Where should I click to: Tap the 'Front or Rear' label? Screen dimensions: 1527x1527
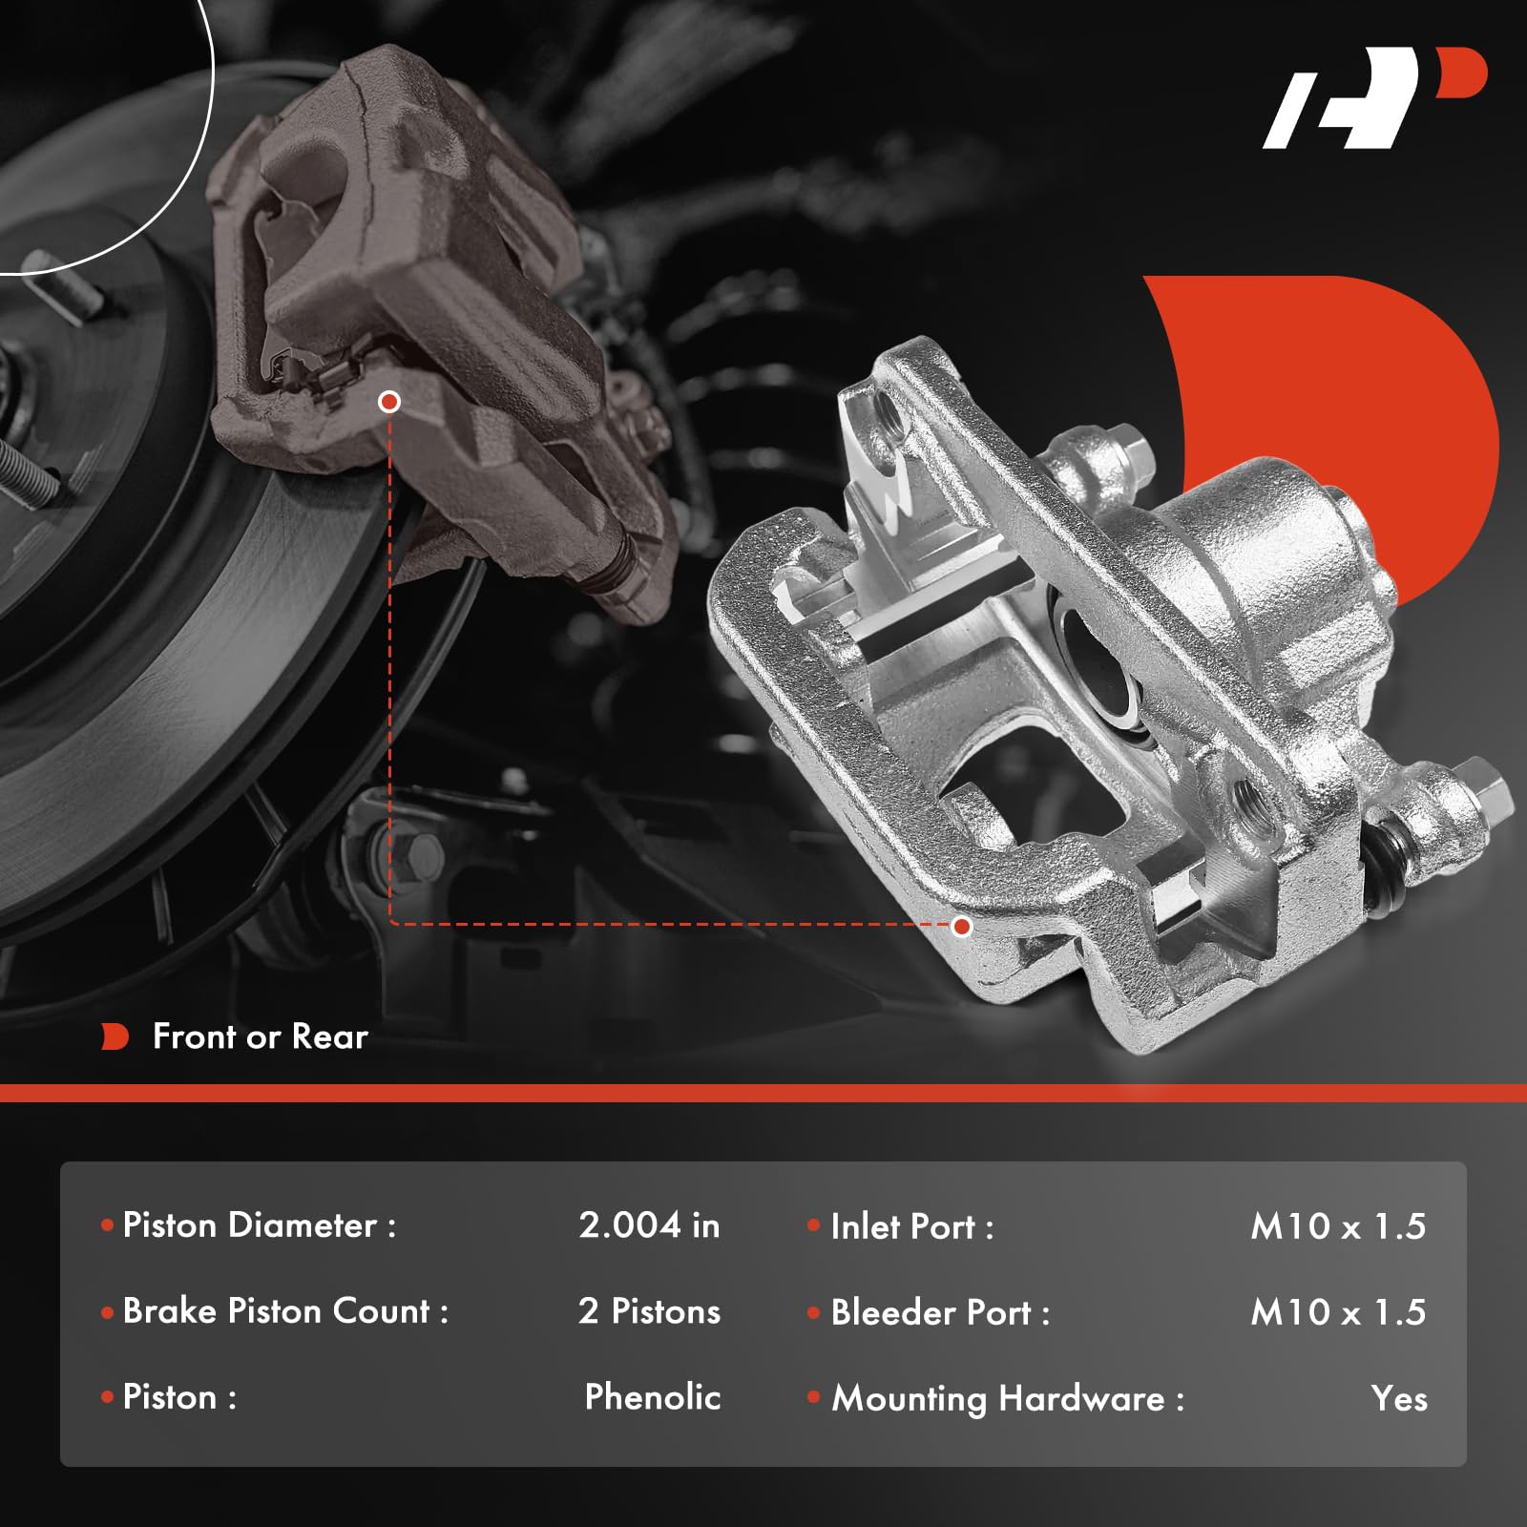click(260, 1036)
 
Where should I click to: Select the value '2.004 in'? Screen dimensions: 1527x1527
click(649, 1225)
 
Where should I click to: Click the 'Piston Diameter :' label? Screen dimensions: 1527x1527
click(259, 1225)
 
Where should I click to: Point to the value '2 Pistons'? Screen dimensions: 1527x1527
click(649, 1311)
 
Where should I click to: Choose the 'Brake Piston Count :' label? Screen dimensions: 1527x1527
click(285, 1311)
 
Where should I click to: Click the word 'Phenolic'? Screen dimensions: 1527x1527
click(652, 1397)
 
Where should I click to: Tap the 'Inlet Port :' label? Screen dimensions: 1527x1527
click(911, 1226)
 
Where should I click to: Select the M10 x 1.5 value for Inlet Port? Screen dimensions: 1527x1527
click(1338, 1226)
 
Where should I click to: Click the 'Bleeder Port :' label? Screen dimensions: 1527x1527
click(940, 1312)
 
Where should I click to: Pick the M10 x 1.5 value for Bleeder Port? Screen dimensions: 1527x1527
click(1338, 1312)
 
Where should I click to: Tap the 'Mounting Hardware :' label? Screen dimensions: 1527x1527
click(1007, 1398)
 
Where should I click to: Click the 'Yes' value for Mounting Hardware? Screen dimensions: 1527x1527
click(1399, 1398)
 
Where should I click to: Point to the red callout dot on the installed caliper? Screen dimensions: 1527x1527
click(388, 402)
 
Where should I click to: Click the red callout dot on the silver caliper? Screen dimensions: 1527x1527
click(962, 926)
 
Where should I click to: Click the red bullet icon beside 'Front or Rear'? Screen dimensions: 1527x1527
click(115, 1036)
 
